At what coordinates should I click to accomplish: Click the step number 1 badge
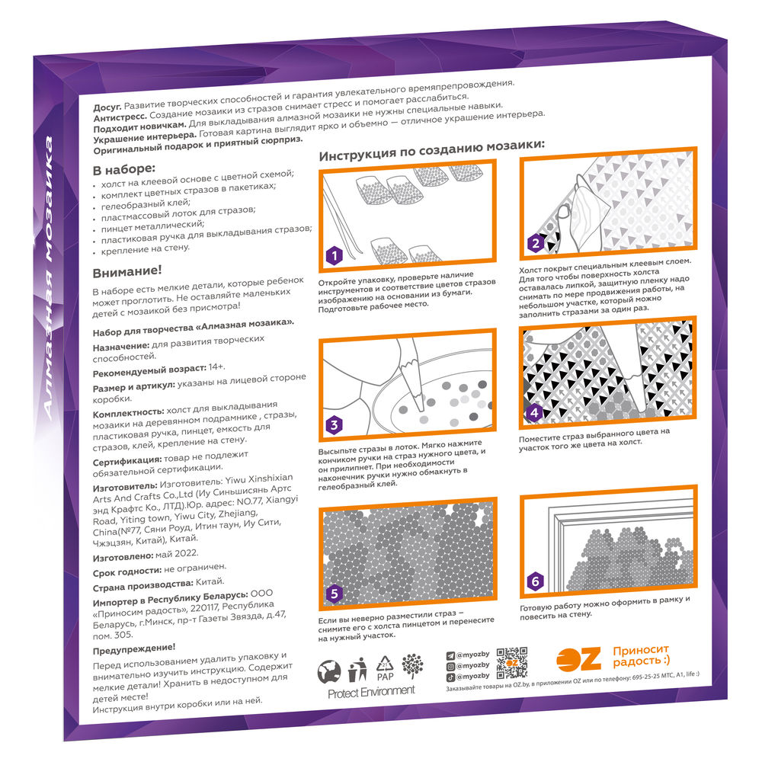tap(334, 255)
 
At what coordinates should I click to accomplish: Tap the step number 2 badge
tap(536, 242)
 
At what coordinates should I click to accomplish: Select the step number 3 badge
tap(334, 425)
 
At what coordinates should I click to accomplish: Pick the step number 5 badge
tap(334, 594)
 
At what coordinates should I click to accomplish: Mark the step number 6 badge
tap(535, 581)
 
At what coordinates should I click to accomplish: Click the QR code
tap(512, 662)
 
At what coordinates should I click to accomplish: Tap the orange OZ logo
tap(578, 660)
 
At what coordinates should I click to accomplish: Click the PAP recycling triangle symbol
tap(385, 668)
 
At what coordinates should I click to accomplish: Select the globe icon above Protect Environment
tap(329, 672)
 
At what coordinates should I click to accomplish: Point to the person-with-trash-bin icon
tap(357, 670)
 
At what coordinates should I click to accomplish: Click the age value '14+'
tap(216, 367)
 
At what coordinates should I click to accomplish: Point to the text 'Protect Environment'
tap(371, 692)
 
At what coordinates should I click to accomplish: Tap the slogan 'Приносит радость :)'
tap(641, 656)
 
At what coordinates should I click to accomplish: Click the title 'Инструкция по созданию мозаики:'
tap(431, 150)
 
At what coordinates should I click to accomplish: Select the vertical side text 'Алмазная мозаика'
tap(48, 277)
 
